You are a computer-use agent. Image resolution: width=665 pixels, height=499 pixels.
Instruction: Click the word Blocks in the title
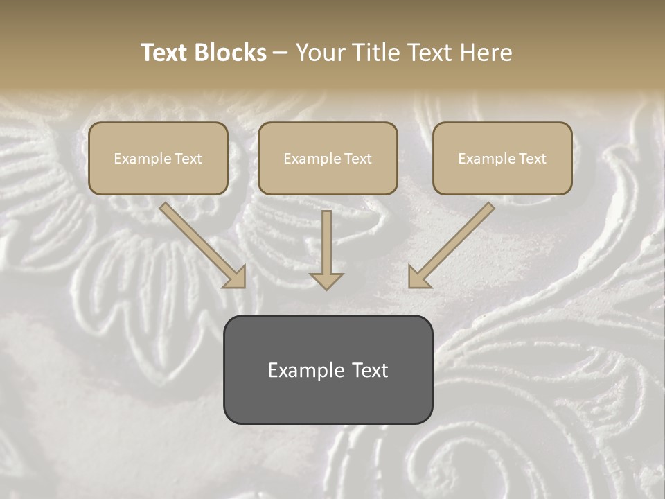tap(230, 53)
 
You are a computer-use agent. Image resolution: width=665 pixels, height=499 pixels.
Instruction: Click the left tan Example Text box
tap(158, 159)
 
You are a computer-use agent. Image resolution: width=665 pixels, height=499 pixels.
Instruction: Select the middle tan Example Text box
tap(328, 159)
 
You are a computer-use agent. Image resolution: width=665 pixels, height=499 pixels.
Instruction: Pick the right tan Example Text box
tap(502, 159)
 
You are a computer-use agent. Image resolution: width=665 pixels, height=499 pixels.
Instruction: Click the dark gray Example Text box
tap(328, 370)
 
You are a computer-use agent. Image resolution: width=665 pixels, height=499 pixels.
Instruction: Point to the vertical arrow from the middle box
tap(326, 243)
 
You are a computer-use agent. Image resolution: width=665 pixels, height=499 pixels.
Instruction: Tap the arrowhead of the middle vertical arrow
tap(326, 281)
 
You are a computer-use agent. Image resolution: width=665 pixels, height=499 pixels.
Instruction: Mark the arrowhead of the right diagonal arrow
tap(418, 277)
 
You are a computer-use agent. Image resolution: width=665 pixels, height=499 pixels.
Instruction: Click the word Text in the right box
tap(532, 159)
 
